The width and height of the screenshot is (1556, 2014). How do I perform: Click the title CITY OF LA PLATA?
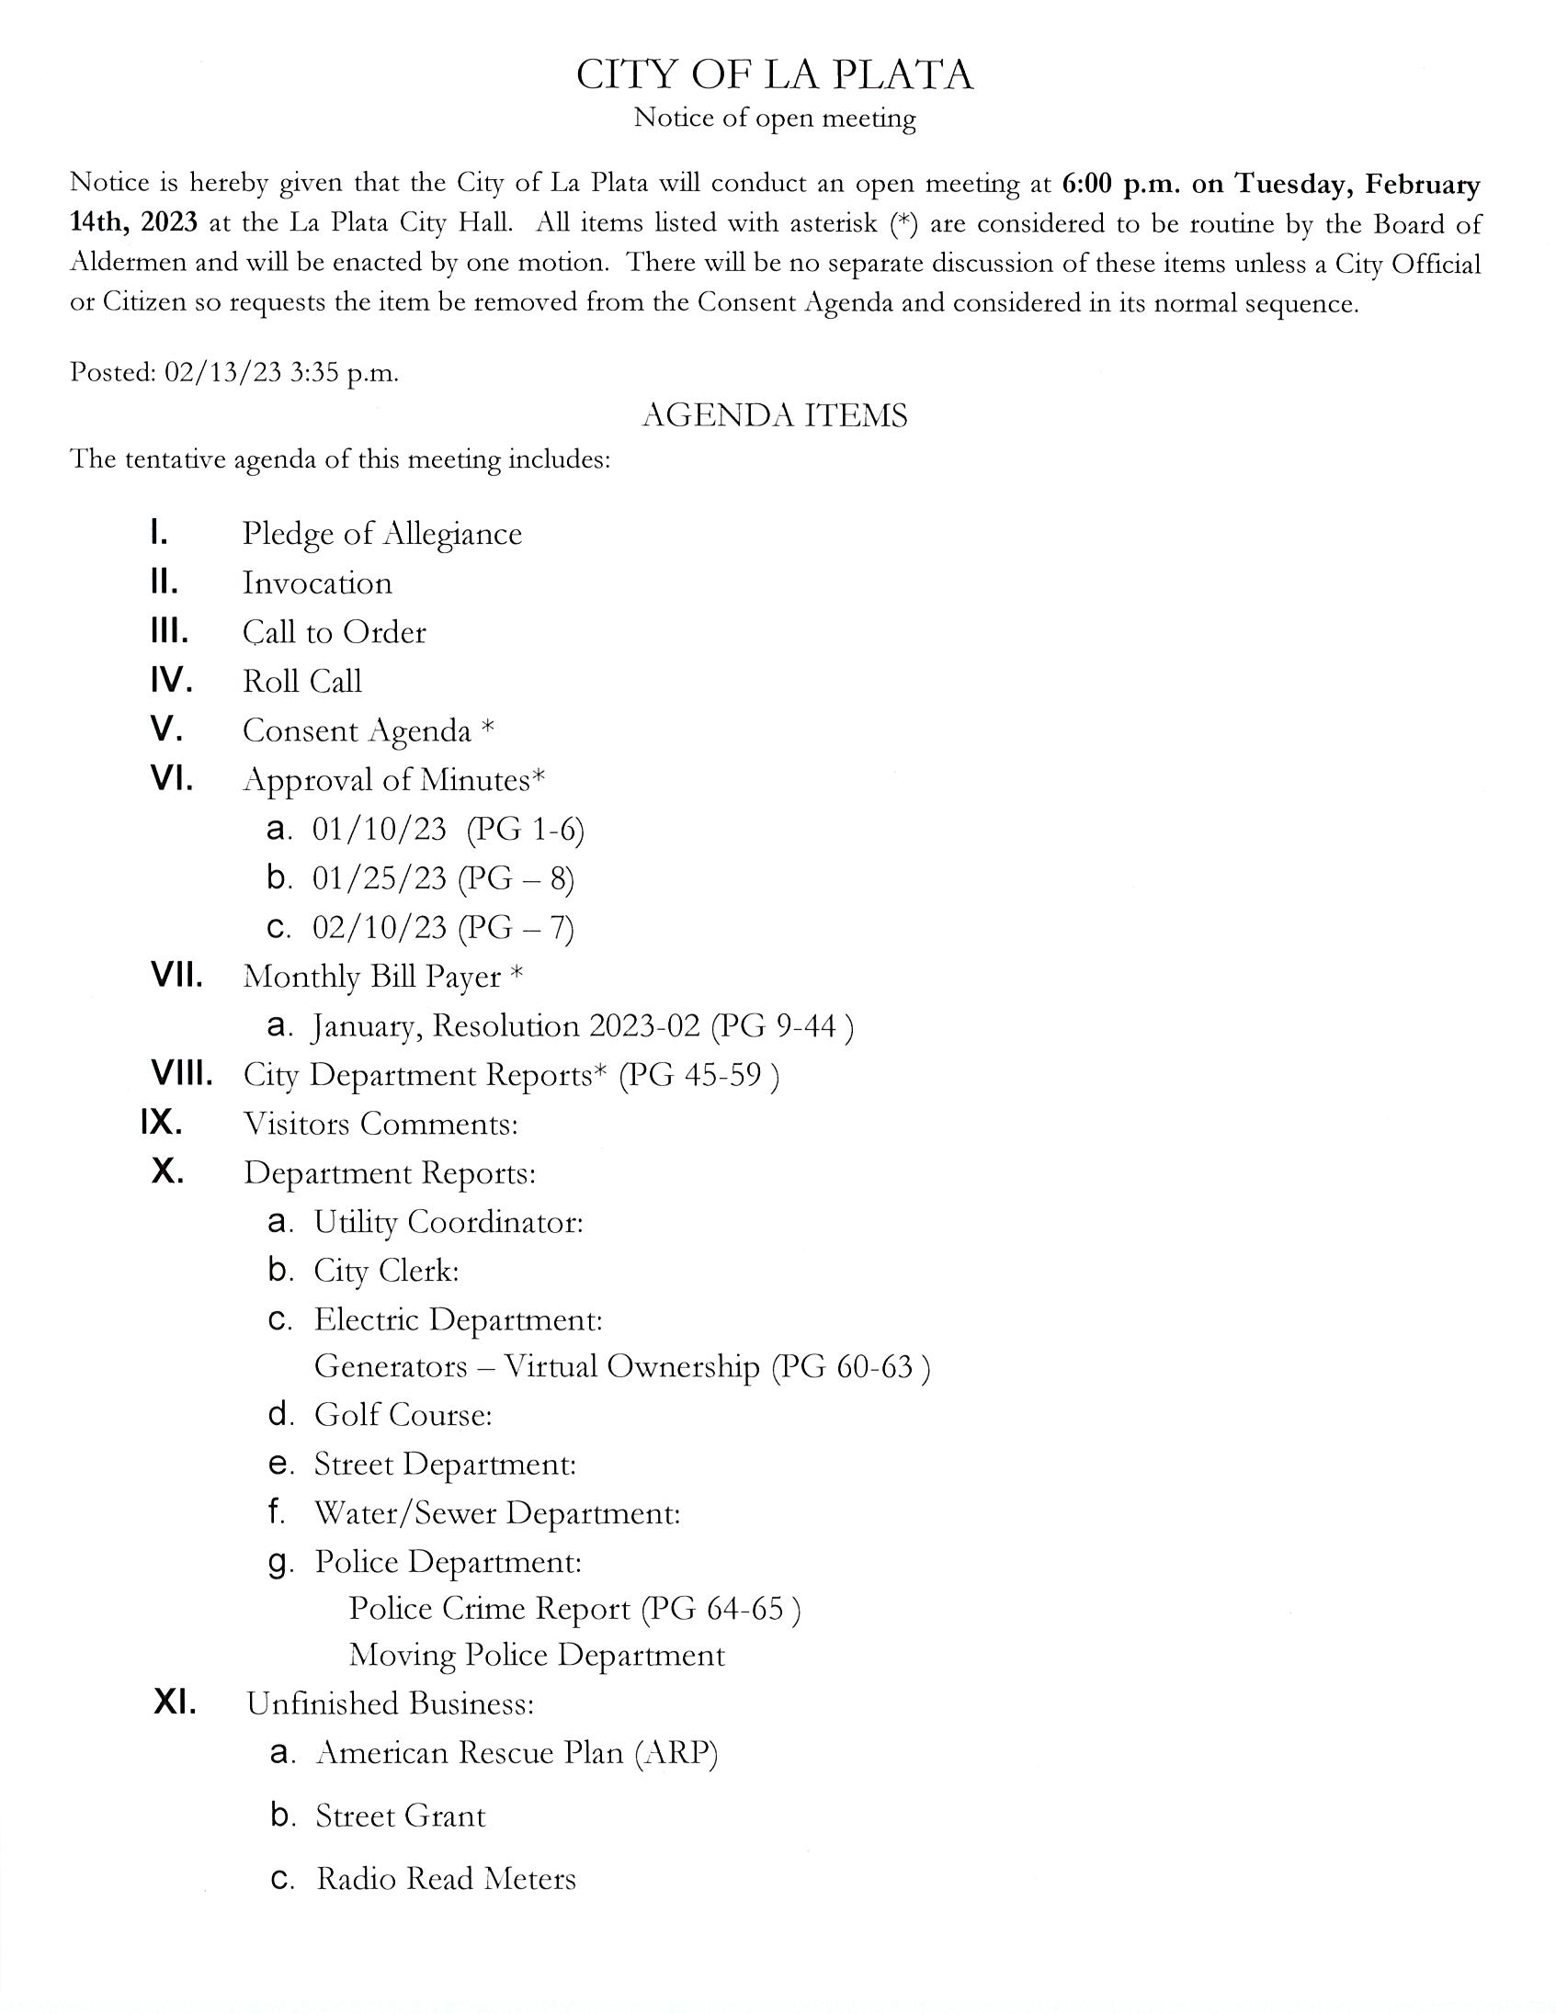pyautogui.click(x=774, y=74)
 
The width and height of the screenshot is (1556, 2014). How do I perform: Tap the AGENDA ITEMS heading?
pyautogui.click(x=774, y=416)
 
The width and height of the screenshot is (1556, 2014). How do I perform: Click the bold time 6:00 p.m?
pyautogui.click(x=1119, y=185)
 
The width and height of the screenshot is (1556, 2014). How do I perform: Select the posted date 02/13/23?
pyautogui.click(x=221, y=372)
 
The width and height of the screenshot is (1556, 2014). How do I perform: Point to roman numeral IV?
pyautogui.click(x=172, y=682)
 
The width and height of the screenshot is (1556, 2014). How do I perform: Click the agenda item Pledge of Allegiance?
pyautogui.click(x=381, y=534)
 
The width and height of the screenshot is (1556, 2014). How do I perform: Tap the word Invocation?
pyautogui.click(x=317, y=583)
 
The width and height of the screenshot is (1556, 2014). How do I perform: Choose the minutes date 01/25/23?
pyautogui.click(x=379, y=877)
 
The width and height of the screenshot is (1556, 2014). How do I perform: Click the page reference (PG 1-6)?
pyautogui.click(x=525, y=829)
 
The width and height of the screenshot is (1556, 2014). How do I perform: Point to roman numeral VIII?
pyautogui.click(x=182, y=1074)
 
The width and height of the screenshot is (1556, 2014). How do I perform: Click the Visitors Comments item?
pyautogui.click(x=380, y=1123)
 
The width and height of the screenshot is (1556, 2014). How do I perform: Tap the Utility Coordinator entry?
pyautogui.click(x=449, y=1222)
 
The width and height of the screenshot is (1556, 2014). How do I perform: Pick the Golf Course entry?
pyautogui.click(x=403, y=1415)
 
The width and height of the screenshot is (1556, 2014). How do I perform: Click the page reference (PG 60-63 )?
pyautogui.click(x=850, y=1365)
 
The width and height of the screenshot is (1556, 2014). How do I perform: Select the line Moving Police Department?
pyautogui.click(x=537, y=1655)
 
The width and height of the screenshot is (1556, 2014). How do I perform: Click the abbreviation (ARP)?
pyautogui.click(x=676, y=1752)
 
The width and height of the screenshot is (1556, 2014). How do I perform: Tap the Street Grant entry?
pyautogui.click(x=401, y=1816)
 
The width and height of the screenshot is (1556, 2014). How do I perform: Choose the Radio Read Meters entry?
pyautogui.click(x=447, y=1878)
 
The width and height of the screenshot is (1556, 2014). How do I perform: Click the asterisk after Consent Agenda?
pyautogui.click(x=488, y=729)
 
